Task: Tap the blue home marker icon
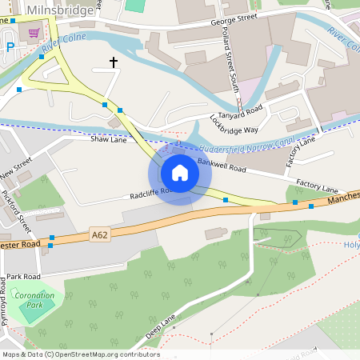180,173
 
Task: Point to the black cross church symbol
113,62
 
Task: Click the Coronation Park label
35,300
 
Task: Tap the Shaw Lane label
109,138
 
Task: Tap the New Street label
16,169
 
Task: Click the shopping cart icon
34,33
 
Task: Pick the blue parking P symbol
10,47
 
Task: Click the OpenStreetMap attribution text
80,354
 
